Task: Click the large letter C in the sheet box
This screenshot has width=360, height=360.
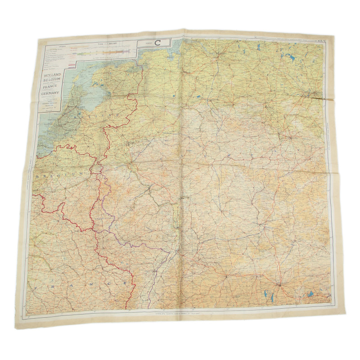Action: coord(158,43)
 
